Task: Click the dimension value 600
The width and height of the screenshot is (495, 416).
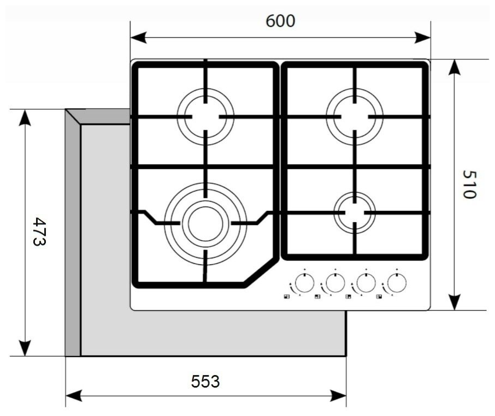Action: [x=280, y=21]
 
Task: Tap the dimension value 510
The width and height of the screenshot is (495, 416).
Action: [x=469, y=185]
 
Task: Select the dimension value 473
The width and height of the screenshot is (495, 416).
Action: [x=39, y=231]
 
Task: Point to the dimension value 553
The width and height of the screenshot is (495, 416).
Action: [x=205, y=381]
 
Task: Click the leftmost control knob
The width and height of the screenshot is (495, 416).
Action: [x=304, y=283]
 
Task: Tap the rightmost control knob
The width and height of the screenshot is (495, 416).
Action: [x=397, y=283]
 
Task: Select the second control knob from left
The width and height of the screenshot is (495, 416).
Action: [x=335, y=283]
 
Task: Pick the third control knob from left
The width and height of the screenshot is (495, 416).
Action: [x=366, y=283]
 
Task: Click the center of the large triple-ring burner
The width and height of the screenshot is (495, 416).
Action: [x=205, y=224]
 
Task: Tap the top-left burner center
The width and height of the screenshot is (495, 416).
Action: [x=205, y=117]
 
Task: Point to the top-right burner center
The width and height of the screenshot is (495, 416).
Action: [x=355, y=117]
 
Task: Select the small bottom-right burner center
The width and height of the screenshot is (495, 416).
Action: [x=355, y=212]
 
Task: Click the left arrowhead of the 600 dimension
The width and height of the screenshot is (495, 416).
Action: [x=138, y=37]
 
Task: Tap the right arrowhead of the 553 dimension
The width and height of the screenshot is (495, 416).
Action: [x=338, y=395]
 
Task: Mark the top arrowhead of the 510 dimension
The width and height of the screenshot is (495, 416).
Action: [x=454, y=67]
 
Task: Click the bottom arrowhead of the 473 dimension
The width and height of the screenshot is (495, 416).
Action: [x=25, y=348]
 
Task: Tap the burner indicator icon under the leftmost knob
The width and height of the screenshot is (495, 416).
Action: [x=286, y=297]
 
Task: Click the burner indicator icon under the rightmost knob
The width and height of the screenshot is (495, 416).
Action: [x=379, y=297]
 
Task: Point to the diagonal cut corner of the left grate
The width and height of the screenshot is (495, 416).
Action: [x=261, y=271]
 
